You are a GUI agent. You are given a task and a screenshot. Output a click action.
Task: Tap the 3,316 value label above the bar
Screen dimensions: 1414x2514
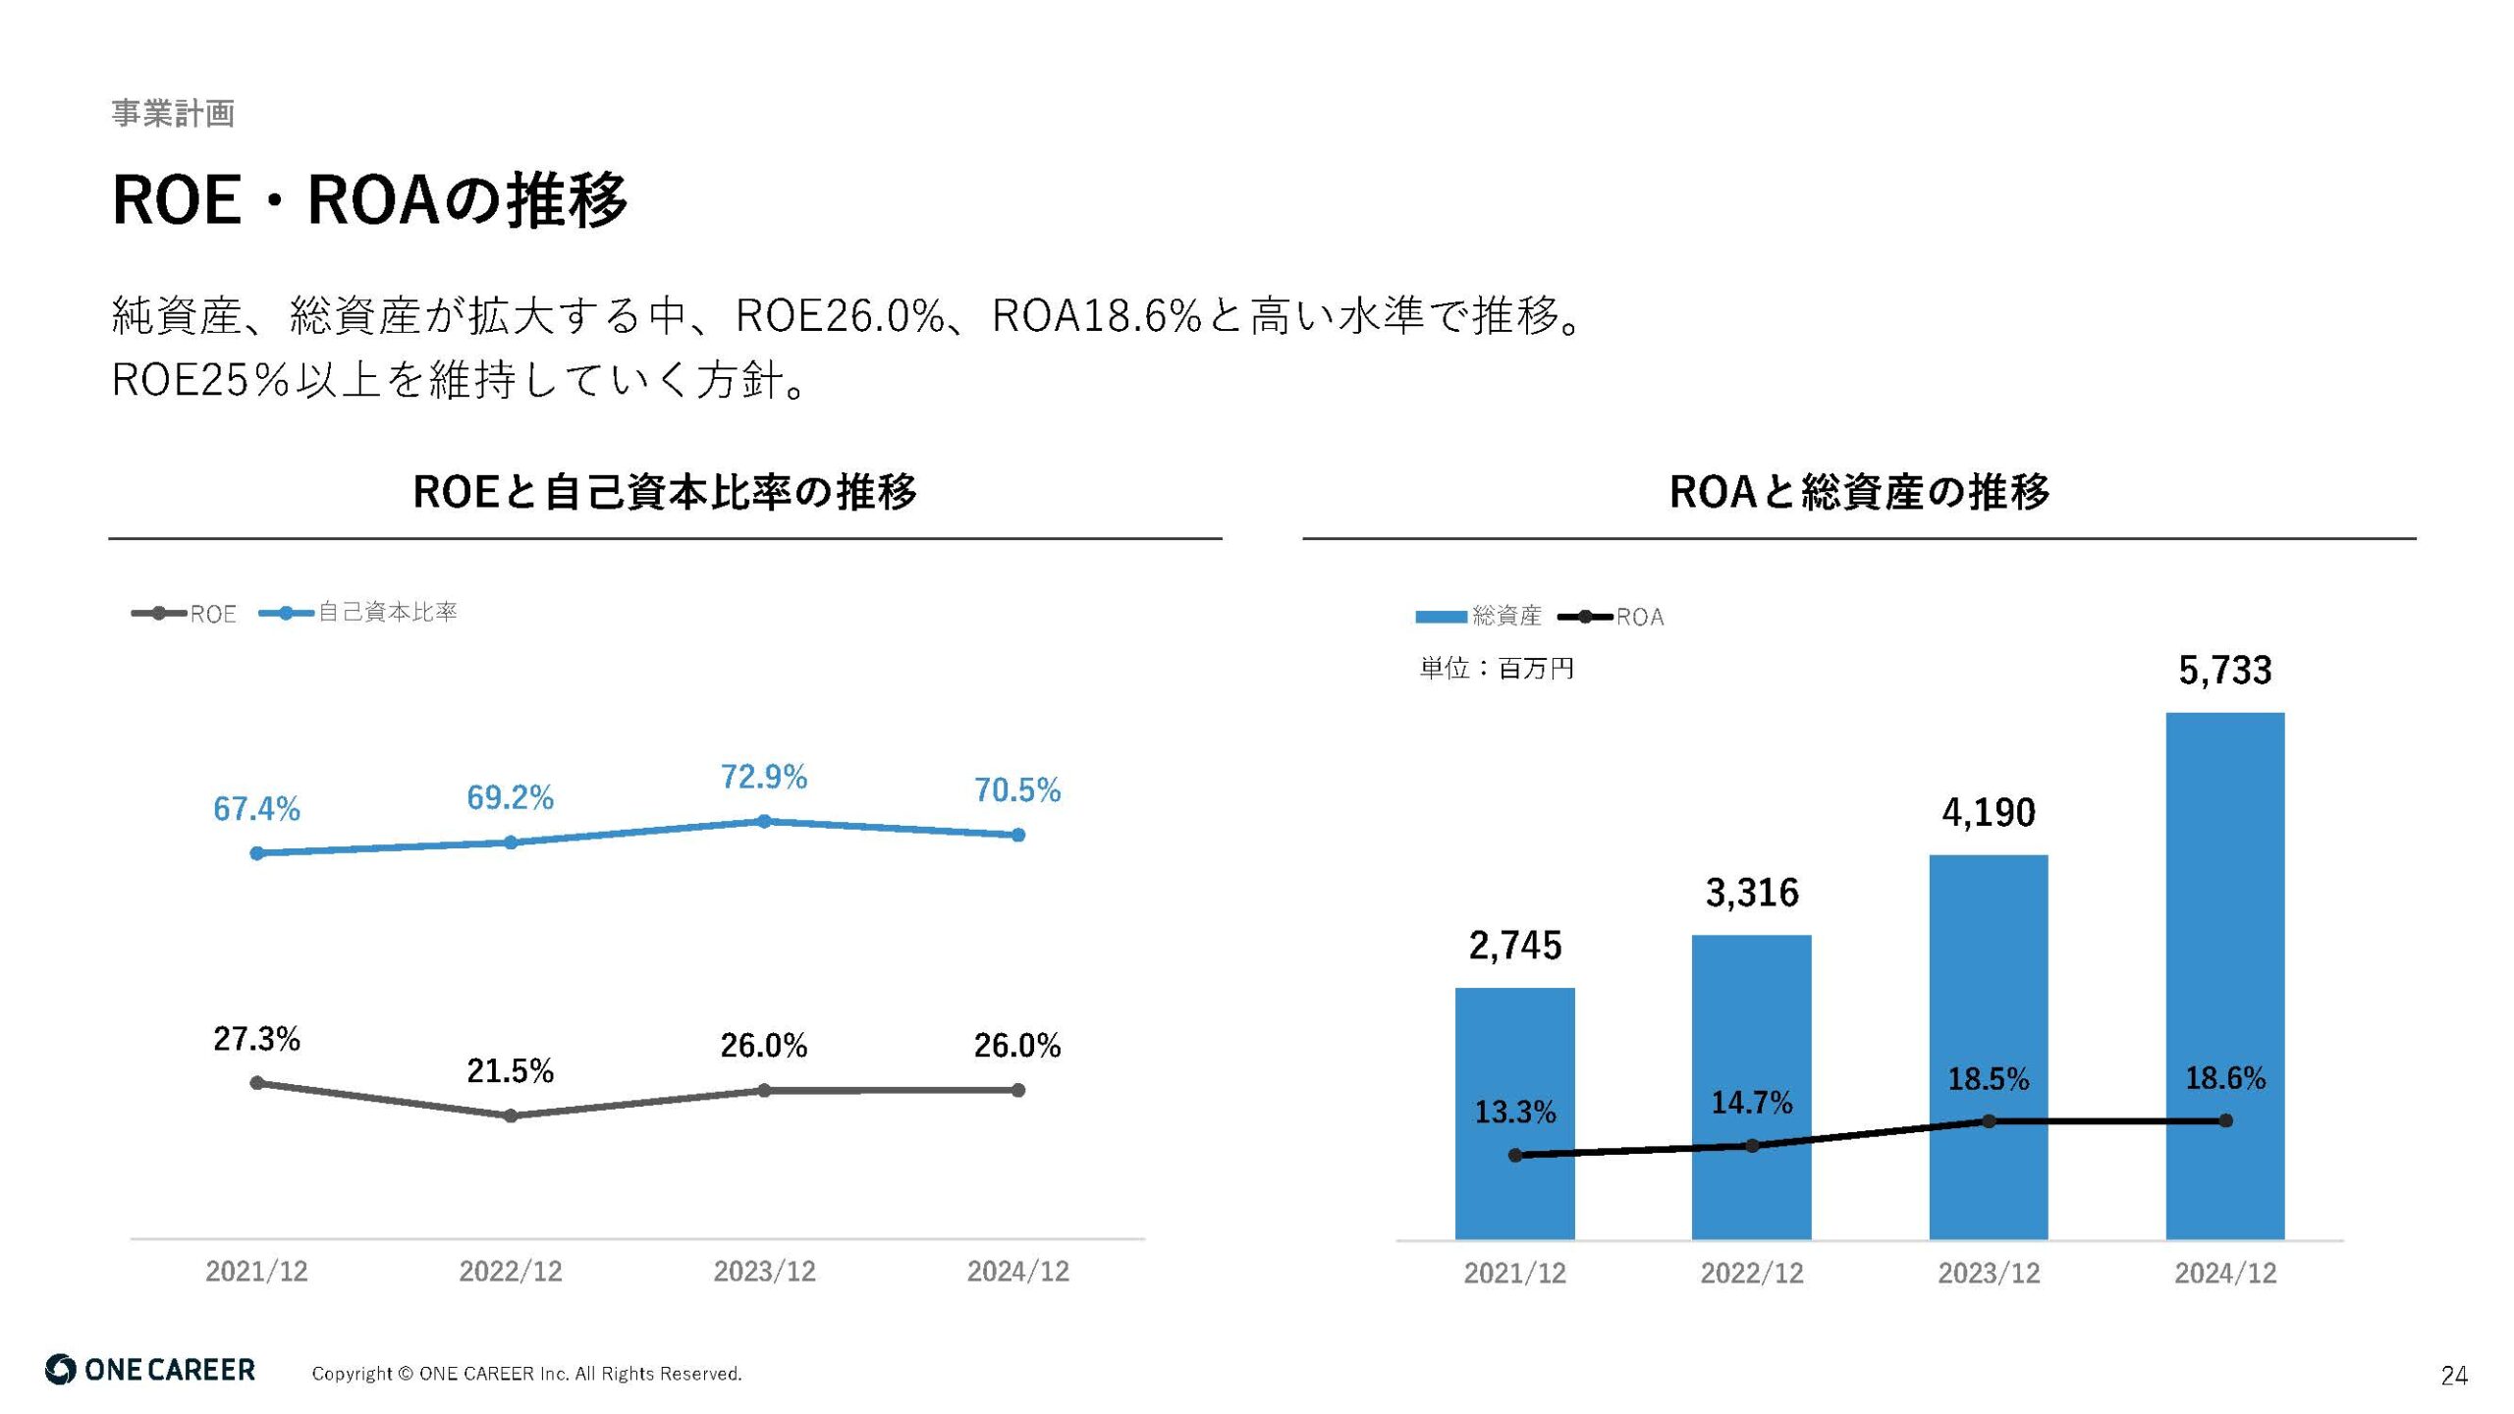pyautogui.click(x=1752, y=893)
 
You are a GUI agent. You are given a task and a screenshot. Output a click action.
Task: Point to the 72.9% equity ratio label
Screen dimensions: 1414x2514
pyautogui.click(x=763, y=777)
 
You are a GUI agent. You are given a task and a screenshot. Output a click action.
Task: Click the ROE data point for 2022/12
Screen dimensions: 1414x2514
pyautogui.click(x=511, y=1115)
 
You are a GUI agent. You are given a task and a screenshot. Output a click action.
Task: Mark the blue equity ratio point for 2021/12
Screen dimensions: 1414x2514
pyautogui.click(x=257, y=853)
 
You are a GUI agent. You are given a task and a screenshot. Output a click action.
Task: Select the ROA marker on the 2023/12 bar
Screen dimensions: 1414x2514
pyautogui.click(x=1989, y=1121)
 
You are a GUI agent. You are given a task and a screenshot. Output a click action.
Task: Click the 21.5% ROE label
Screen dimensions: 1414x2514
pyautogui.click(x=510, y=1070)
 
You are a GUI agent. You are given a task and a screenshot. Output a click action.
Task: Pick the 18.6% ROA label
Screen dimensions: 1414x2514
pyautogui.click(x=2224, y=1078)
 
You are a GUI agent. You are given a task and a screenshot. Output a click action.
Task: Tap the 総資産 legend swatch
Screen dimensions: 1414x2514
pyautogui.click(x=1440, y=617)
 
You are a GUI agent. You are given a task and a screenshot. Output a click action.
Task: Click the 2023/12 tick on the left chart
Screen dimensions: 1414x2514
pyautogui.click(x=764, y=1271)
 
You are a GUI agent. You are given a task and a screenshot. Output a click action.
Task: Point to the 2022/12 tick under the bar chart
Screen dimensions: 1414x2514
pyautogui.click(x=1752, y=1273)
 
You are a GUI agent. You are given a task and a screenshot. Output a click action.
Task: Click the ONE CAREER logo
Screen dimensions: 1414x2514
pyautogui.click(x=150, y=1370)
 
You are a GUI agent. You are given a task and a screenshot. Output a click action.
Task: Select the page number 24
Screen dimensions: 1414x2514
pyautogui.click(x=2453, y=1376)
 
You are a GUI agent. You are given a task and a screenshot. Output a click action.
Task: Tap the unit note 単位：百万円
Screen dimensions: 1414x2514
pyautogui.click(x=1496, y=669)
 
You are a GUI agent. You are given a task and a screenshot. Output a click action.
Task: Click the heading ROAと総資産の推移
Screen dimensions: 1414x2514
pyautogui.click(x=1859, y=491)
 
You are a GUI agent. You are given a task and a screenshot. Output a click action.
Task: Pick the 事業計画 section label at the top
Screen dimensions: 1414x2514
pyautogui.click(x=173, y=113)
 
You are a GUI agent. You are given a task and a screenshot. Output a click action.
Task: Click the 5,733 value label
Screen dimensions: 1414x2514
pyautogui.click(x=2224, y=670)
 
